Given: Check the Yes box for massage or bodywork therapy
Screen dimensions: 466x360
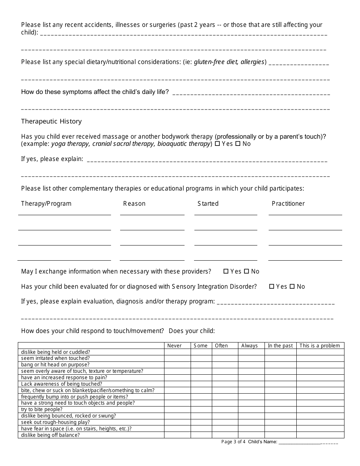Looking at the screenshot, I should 217,144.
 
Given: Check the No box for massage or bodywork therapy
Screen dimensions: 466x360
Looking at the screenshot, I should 238,144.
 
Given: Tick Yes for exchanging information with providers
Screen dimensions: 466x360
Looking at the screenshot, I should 226,271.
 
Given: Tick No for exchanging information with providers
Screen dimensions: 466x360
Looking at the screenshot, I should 246,271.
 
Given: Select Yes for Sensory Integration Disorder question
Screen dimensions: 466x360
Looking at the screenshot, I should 272,286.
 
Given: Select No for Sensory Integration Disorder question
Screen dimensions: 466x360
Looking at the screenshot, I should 292,286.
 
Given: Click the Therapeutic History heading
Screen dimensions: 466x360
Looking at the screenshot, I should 51,121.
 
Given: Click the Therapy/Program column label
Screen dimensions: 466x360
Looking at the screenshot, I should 46,203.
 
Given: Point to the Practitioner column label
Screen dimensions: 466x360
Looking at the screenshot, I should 288,203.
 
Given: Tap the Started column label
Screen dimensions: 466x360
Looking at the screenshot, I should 208,203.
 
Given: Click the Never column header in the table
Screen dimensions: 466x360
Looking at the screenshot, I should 174,346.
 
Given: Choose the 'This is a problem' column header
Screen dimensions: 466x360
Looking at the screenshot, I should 319,346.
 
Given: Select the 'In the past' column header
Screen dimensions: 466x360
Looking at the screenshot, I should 280,346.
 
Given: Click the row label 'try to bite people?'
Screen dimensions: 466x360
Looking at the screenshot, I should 42,410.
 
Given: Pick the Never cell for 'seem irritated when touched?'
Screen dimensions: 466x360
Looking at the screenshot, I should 177,358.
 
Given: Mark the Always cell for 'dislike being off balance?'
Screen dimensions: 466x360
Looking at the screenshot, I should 251,435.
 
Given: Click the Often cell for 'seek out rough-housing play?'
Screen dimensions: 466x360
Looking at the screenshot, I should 225,422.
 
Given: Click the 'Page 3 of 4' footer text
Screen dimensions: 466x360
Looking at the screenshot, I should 233,442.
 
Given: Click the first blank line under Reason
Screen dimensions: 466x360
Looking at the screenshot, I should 152,214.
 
